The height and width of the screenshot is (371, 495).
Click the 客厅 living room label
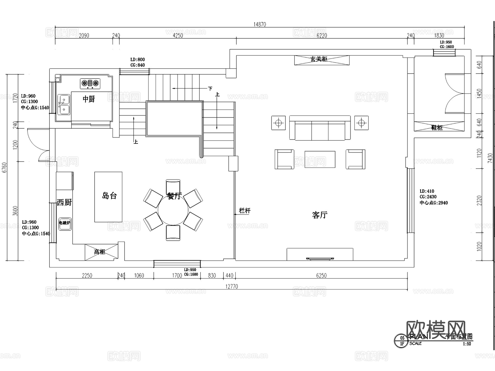(x=320, y=215)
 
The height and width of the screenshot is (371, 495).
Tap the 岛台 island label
(x=109, y=196)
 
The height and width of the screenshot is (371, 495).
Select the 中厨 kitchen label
(x=89, y=99)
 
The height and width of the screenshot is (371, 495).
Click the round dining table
(x=173, y=210)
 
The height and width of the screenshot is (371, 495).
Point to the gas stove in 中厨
(x=90, y=83)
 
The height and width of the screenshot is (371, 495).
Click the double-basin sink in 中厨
(x=64, y=104)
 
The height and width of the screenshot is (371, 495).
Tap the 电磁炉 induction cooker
(x=65, y=223)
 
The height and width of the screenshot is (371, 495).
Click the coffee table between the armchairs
(x=320, y=159)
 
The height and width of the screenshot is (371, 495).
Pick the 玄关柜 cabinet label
(x=319, y=59)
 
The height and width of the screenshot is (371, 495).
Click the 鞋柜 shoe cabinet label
(x=437, y=128)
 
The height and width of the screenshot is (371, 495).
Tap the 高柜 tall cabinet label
(x=100, y=252)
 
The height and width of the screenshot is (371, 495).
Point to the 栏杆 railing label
(x=245, y=211)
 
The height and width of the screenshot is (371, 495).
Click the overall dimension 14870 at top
(x=260, y=25)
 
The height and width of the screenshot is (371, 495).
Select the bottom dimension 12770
(x=232, y=286)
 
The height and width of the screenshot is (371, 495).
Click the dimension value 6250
(x=321, y=275)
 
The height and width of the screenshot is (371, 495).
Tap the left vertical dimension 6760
(x=4, y=167)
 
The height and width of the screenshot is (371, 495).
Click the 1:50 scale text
(x=467, y=344)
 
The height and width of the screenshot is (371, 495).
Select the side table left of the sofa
(x=278, y=123)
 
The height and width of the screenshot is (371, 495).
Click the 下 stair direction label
(x=210, y=89)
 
